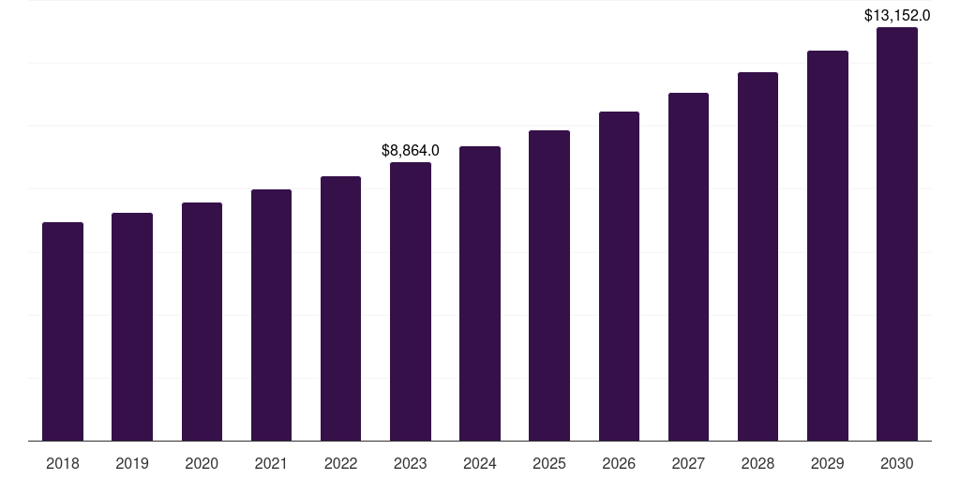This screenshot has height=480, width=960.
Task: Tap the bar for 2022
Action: click(x=340, y=308)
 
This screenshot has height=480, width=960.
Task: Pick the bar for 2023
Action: click(x=411, y=301)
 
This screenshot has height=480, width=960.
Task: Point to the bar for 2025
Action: click(x=549, y=285)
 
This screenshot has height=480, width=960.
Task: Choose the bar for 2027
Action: click(x=688, y=266)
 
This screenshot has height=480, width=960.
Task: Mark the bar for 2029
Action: click(x=828, y=246)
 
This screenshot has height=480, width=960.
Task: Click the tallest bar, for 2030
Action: click(x=897, y=233)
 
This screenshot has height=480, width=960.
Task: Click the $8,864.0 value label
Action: click(x=411, y=150)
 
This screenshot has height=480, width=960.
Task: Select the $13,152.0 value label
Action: click(x=897, y=15)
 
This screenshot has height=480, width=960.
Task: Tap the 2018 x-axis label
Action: click(x=63, y=463)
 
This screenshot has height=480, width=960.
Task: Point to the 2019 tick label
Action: click(x=132, y=463)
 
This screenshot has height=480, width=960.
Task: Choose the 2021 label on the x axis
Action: click(x=271, y=463)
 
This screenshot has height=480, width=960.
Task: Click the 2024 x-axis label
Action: click(x=480, y=463)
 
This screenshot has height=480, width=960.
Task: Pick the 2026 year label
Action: click(x=619, y=463)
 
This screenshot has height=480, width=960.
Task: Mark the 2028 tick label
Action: click(x=757, y=463)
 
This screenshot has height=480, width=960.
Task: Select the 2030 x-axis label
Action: click(x=897, y=463)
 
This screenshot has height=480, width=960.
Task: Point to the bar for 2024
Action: click(x=480, y=293)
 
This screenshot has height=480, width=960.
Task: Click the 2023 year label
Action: click(x=411, y=463)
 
